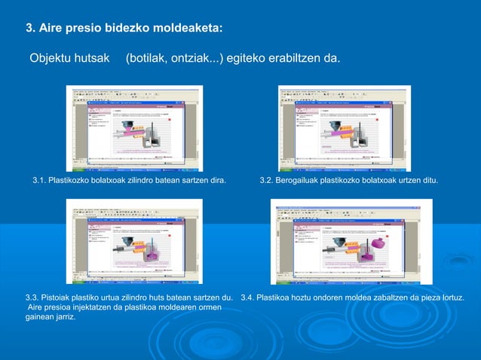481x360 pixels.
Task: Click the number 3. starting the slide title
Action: click(x=31, y=29)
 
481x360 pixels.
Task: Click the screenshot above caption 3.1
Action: click(x=137, y=128)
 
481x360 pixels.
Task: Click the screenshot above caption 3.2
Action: click(x=345, y=128)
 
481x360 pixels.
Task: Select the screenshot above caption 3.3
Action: click(x=133, y=241)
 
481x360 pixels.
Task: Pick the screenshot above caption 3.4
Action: click(x=351, y=241)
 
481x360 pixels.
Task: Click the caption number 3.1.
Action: click(x=38, y=182)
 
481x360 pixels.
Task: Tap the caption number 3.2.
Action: click(x=267, y=182)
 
